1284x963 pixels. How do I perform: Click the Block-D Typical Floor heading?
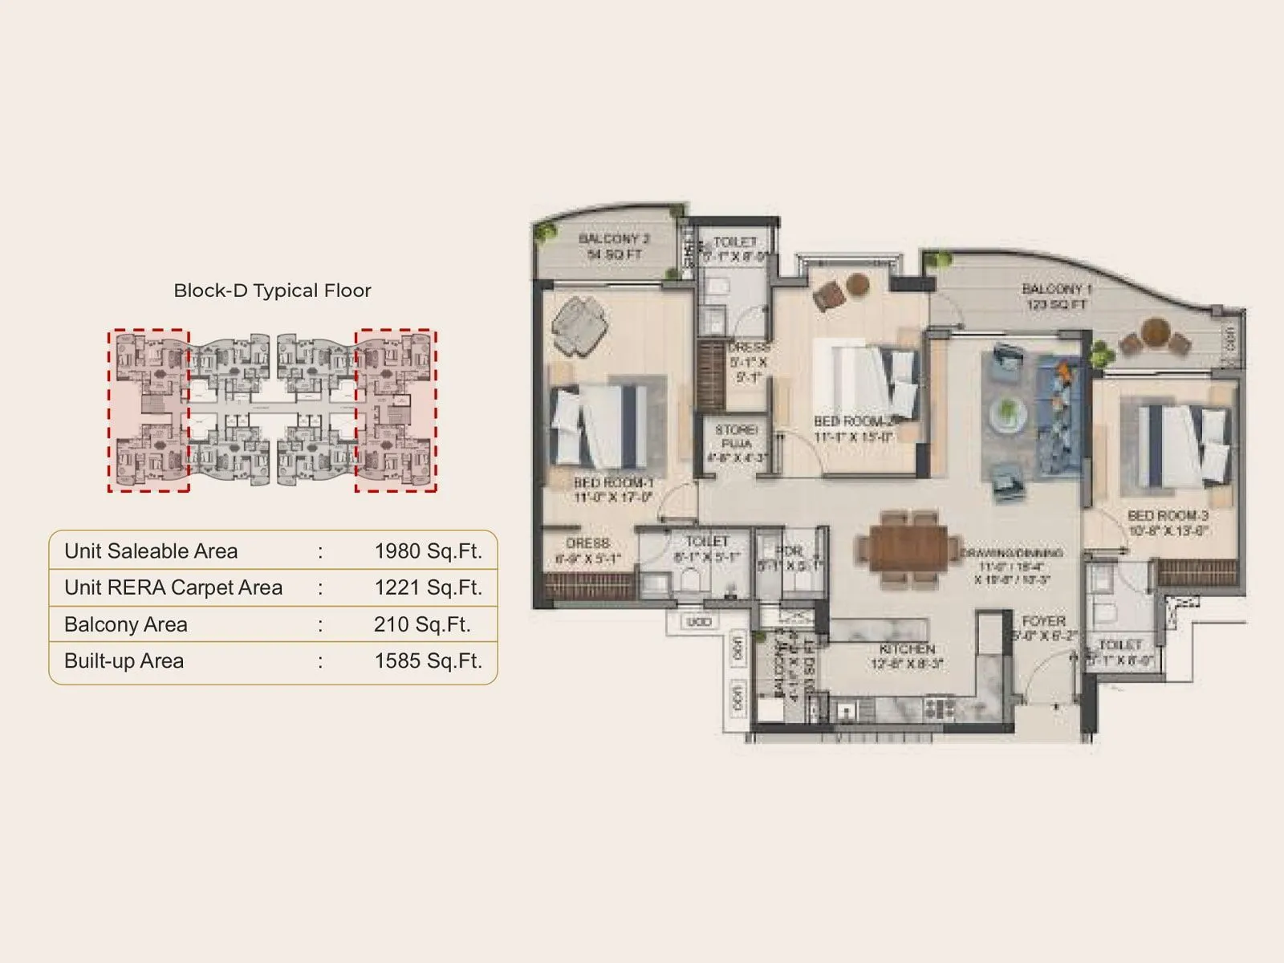click(272, 291)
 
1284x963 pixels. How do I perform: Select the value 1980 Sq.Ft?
click(428, 551)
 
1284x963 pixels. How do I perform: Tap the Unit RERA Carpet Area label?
click(173, 587)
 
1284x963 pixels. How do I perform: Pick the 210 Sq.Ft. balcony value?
click(421, 624)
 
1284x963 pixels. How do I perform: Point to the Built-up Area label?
click(124, 660)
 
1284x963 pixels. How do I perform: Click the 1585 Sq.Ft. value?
click(428, 660)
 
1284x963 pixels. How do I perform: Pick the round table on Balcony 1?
click(1156, 331)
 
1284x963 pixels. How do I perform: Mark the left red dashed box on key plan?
click(149, 410)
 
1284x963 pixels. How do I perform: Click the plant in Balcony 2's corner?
click(548, 232)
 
